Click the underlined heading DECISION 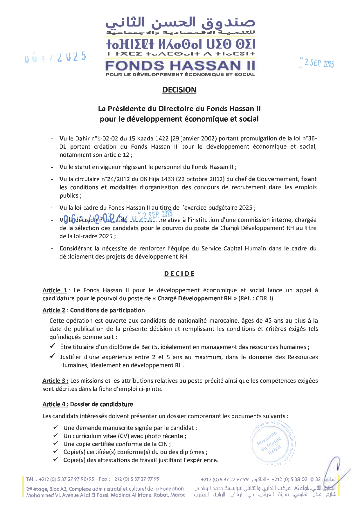click(x=179, y=90)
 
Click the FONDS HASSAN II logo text click(x=180, y=66)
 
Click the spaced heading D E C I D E click(x=179, y=274)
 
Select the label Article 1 click(x=55, y=290)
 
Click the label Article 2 click(x=54, y=310)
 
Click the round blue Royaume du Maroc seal click(x=272, y=443)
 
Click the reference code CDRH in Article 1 click(x=264, y=298)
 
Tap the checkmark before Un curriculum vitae click(x=56, y=436)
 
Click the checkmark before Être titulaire click(x=53, y=346)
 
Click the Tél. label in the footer click(x=30, y=479)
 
